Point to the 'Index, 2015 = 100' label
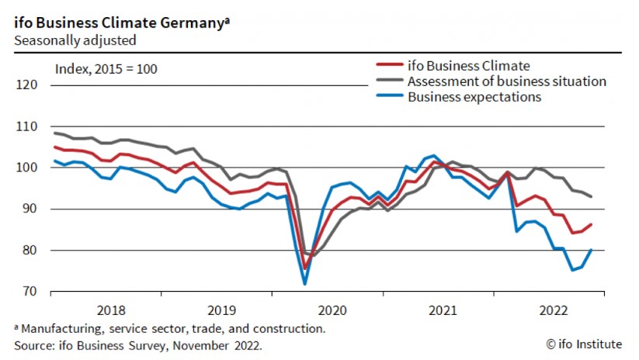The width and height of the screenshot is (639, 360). [x=106, y=69]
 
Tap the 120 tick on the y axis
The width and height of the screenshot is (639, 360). [x=27, y=85]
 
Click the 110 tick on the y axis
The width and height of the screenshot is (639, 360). [x=27, y=126]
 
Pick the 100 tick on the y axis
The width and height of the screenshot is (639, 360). [x=27, y=168]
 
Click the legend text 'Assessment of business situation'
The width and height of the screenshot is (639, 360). [x=507, y=81]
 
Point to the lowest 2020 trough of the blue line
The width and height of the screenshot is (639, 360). [x=305, y=285]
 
